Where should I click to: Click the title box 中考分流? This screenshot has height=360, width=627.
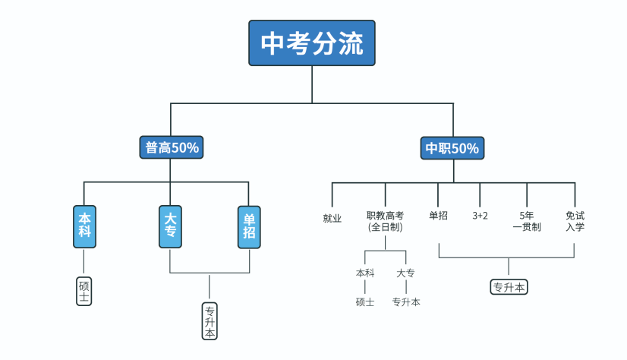312,43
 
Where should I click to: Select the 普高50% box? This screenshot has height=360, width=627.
172,147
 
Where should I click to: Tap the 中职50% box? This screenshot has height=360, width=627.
452,148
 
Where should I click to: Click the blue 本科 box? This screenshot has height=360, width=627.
84,226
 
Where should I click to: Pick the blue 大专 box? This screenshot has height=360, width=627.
170,226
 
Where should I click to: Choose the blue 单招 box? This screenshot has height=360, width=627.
249,226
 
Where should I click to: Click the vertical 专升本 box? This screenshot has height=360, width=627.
210,321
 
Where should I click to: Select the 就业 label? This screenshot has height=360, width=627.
332,219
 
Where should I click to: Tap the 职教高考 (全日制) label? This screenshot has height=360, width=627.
385,221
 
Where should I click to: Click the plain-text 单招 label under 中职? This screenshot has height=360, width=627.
438,216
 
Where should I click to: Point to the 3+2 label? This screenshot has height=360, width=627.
480,216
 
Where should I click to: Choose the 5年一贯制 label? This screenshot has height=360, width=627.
527,221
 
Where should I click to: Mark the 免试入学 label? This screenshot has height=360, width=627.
575,221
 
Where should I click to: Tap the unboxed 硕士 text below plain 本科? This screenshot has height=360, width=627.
365,302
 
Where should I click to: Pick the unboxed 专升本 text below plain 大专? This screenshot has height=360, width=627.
406,302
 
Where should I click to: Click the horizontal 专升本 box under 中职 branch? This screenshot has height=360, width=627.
509,287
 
